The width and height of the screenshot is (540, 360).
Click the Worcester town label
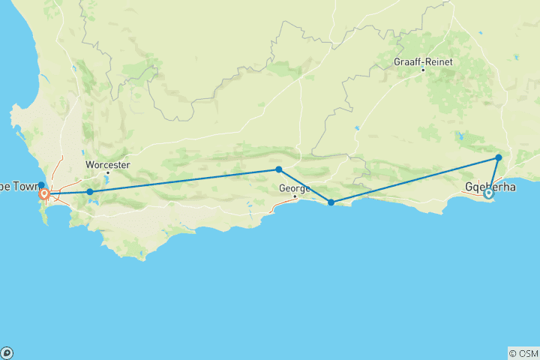pyautogui.click(x=108, y=164)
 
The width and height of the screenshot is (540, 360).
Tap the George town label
pyautogui.click(x=294, y=188)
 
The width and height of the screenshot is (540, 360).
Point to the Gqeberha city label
pyautogui.click(x=490, y=185)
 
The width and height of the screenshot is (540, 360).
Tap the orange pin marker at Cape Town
pyautogui.click(x=44, y=194)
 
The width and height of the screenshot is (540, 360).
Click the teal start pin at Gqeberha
pyautogui.click(x=488, y=193)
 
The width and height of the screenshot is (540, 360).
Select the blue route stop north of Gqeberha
pyautogui.click(x=498, y=157)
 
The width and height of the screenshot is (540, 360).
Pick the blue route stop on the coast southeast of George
pyautogui.click(x=331, y=202)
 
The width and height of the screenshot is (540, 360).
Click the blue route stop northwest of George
pyautogui.click(x=278, y=169)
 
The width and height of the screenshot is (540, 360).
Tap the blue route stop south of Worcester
pyautogui.click(x=90, y=192)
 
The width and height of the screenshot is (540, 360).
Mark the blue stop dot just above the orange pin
pyautogui.click(x=41, y=185)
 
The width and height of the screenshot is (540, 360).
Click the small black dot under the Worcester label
pyautogui.click(x=107, y=172)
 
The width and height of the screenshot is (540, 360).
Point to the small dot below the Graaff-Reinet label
pyautogui.click(x=423, y=70)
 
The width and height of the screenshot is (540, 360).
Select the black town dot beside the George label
pyautogui.click(x=295, y=196)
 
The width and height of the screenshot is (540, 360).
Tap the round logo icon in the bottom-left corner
pyautogui.click(x=7, y=352)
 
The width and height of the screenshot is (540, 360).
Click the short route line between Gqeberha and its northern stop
pyautogui.click(x=493, y=175)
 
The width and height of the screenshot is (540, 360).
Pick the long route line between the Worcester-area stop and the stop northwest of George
pyautogui.click(x=184, y=181)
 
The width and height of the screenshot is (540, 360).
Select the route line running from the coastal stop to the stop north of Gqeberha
pyautogui.click(x=414, y=180)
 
